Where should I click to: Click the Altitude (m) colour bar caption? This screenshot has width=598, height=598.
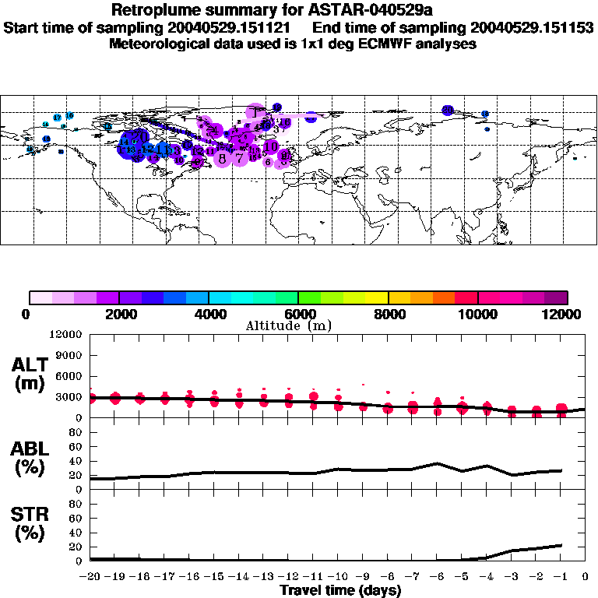tap(297, 325)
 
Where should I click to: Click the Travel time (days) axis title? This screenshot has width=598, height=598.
tap(340, 590)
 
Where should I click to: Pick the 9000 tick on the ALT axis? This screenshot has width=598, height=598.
tap(70, 355)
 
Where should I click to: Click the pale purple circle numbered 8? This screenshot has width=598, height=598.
tap(223, 159)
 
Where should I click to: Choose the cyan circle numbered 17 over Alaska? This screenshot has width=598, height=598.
tap(57, 117)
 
